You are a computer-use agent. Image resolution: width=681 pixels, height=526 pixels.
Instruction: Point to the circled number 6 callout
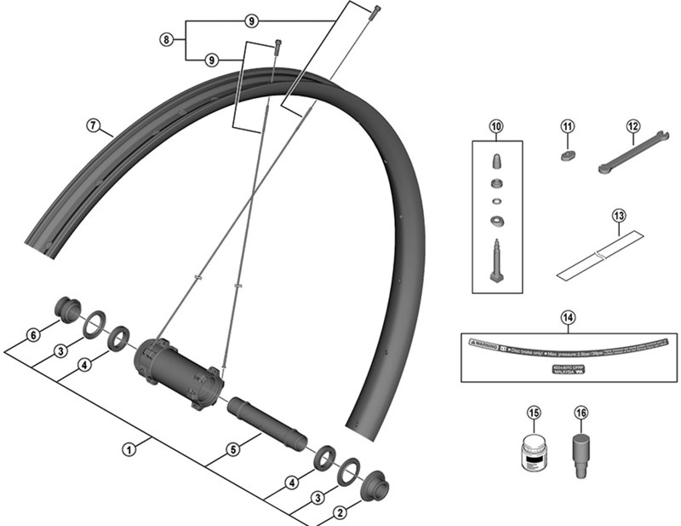(33, 335)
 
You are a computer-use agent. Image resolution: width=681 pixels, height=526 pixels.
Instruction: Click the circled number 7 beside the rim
(93, 124)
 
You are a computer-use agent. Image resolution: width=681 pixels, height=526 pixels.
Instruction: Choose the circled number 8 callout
(167, 39)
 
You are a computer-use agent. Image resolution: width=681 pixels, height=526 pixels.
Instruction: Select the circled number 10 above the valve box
(497, 127)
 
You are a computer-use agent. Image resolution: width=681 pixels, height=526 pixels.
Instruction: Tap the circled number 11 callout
(568, 127)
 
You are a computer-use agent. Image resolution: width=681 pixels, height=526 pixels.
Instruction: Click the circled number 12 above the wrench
(632, 127)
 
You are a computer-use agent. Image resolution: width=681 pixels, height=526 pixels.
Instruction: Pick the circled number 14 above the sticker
(568, 318)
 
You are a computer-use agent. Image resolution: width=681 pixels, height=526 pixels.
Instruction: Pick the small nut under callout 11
(568, 155)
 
